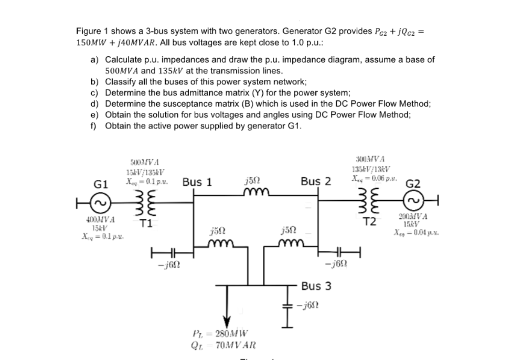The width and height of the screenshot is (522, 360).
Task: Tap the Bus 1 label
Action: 197,182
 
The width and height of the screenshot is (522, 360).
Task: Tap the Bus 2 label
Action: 316,182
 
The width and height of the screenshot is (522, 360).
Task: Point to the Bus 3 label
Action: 317,287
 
